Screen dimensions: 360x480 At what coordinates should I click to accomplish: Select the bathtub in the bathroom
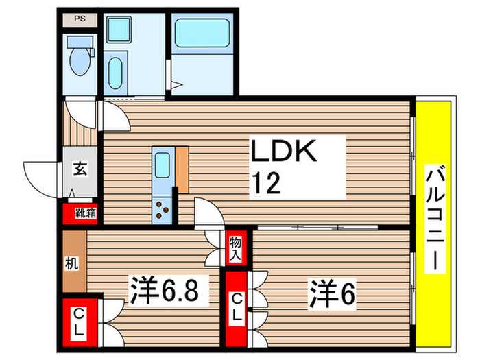click(x=201, y=34)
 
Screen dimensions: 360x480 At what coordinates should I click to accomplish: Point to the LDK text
click(x=283, y=153)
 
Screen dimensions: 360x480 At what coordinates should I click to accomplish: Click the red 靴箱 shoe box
click(x=80, y=213)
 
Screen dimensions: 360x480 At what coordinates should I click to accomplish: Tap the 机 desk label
click(x=73, y=262)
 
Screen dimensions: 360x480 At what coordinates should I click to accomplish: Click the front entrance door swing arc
click(x=43, y=176)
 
